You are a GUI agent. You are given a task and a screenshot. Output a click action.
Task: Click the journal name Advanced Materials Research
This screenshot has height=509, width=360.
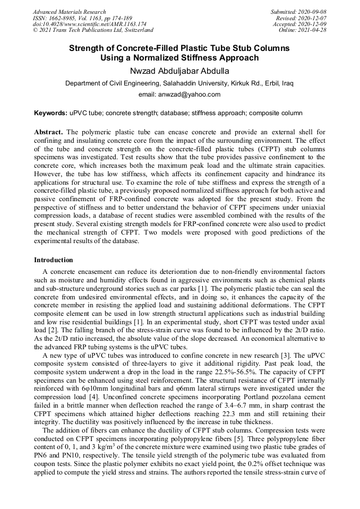pyautogui.click(x=69, y=12)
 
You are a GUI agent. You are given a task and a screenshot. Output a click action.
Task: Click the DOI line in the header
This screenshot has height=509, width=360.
pyautogui.click(x=89, y=24)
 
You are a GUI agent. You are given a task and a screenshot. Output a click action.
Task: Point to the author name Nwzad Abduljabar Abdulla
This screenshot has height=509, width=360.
pyautogui.click(x=179, y=71)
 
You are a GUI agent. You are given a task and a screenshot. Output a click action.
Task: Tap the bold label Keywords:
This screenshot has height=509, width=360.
pyautogui.click(x=51, y=113)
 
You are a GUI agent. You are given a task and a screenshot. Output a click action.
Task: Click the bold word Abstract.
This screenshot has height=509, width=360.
pyautogui.click(x=49, y=131)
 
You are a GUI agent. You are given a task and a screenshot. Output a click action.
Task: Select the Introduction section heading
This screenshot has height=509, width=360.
pyautogui.click(x=54, y=260)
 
